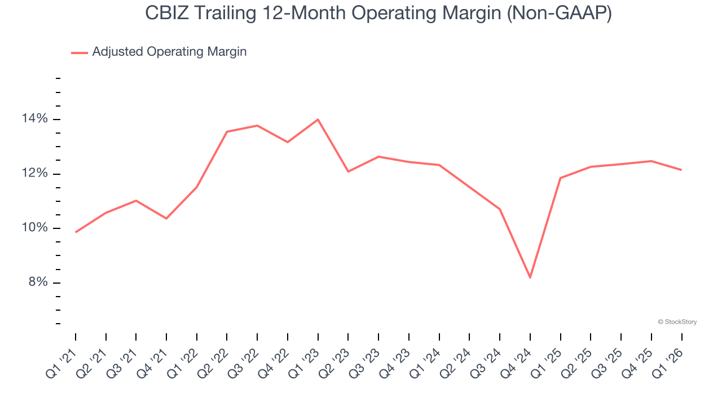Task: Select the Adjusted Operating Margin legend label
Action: (x=169, y=52)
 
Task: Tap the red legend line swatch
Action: (x=80, y=52)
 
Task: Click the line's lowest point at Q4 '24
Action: (x=530, y=277)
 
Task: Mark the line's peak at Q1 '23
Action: (x=318, y=120)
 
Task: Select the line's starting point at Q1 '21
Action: (x=76, y=232)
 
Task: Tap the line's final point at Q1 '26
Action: (x=681, y=170)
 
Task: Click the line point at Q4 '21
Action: (x=166, y=218)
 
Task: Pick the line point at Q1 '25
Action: (x=560, y=178)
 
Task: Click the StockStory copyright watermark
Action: (x=677, y=322)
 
